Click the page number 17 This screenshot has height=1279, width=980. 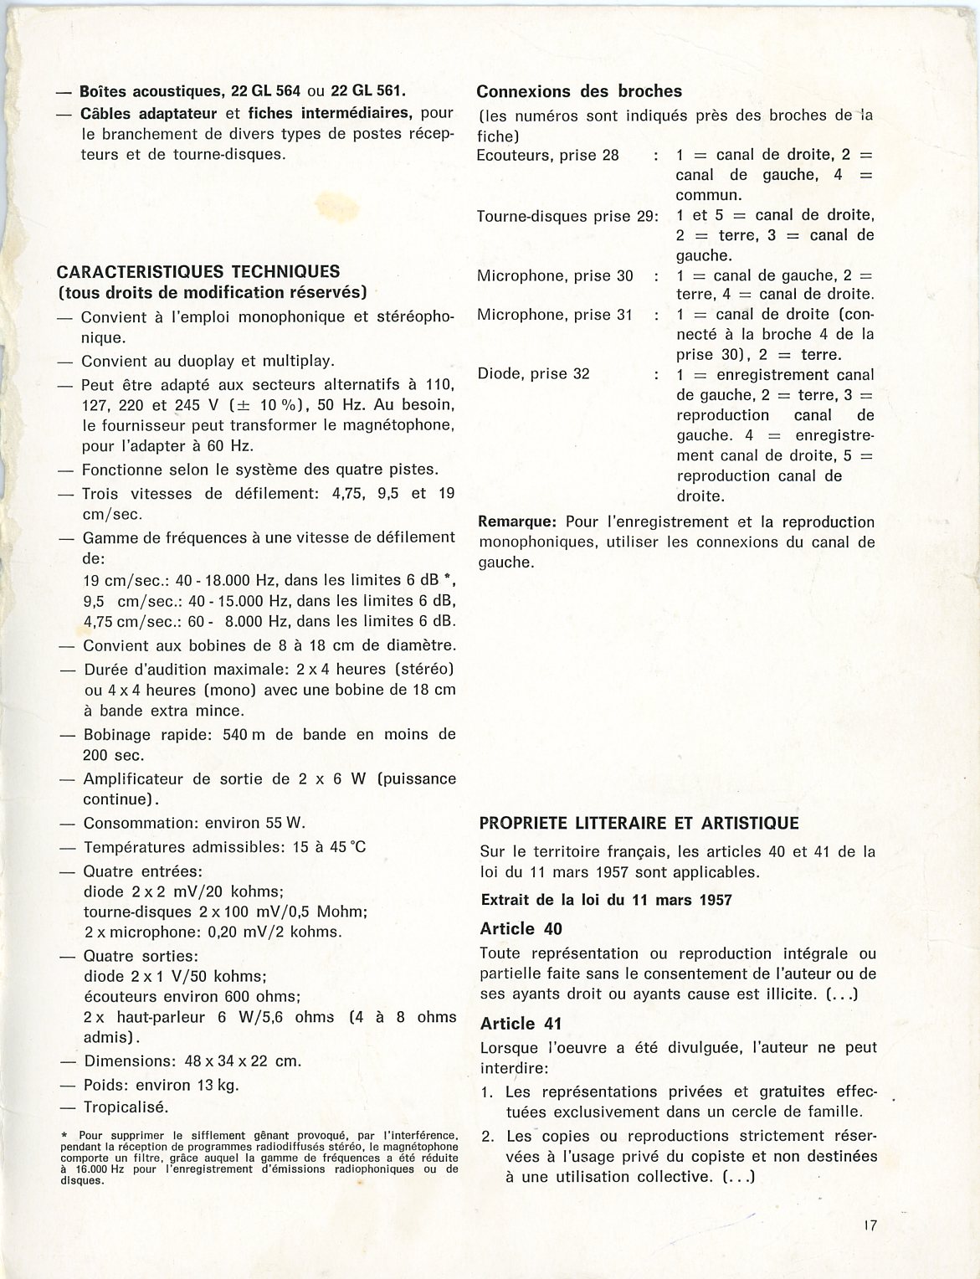[x=870, y=1225]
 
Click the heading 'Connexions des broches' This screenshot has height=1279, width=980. [x=579, y=91]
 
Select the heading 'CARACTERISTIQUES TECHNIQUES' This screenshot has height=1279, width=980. [x=198, y=271]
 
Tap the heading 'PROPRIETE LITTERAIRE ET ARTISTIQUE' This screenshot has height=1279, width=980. [x=639, y=823]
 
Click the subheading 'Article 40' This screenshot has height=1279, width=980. [x=521, y=928]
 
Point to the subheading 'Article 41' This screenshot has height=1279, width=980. [x=521, y=1023]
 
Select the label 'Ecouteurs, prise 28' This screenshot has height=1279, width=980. [x=547, y=155]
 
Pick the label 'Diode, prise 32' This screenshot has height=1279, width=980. [x=533, y=373]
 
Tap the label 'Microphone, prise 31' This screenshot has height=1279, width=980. [x=555, y=315]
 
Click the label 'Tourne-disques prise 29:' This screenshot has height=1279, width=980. [x=567, y=216]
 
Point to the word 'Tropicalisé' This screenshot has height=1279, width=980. [x=126, y=1107]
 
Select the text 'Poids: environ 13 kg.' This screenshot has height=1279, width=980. [x=161, y=1085]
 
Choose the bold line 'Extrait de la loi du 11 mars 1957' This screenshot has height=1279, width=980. [x=607, y=900]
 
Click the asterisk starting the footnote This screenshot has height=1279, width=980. [x=64, y=1135]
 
